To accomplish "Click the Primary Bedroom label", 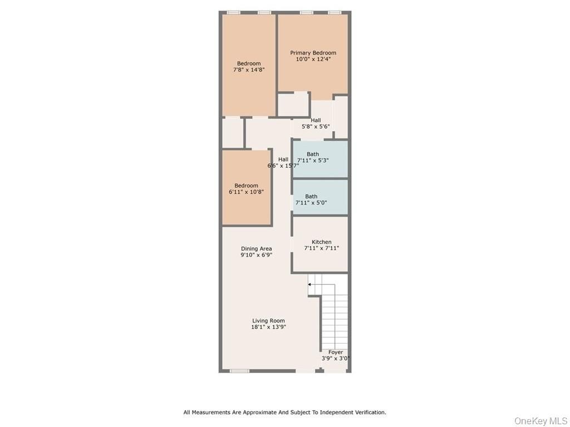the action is point(313,53).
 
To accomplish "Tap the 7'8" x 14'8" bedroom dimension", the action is point(249,69).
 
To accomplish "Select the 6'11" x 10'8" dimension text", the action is point(246,192).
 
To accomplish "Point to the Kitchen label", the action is point(321,242).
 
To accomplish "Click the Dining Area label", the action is point(256,249).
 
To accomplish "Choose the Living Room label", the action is point(268,321).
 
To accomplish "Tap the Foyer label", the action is point(336,352).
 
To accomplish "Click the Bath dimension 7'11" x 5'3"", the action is point(313,160).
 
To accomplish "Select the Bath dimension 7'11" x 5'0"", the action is point(311,202).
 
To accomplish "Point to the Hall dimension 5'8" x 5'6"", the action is point(316,126).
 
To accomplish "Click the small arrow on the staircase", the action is point(309,284).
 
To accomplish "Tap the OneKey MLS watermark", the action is point(540,421).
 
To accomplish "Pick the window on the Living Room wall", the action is point(239,371).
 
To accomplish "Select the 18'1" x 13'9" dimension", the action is point(268,327).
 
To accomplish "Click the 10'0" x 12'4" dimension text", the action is point(313,59).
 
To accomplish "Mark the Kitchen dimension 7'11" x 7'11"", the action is point(321,248).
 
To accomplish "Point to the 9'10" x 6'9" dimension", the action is point(256,255).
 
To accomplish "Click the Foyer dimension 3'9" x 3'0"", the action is point(336,359).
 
